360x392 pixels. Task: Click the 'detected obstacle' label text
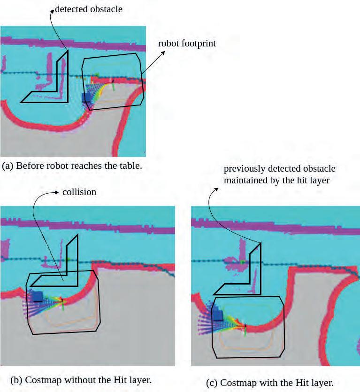coord(88,9)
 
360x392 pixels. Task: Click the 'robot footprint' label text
coord(186,44)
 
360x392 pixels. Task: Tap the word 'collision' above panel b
coord(79,192)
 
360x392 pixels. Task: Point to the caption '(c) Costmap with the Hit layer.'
coord(270,383)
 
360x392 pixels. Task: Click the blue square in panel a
coord(86,97)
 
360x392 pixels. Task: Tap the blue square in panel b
coord(37,296)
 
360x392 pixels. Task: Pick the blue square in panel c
coord(218,314)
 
